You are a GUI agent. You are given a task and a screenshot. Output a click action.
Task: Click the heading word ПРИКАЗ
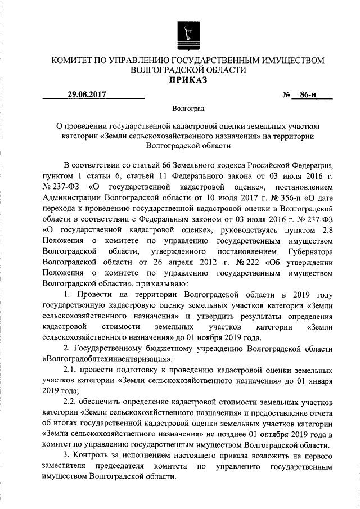(x=186, y=80)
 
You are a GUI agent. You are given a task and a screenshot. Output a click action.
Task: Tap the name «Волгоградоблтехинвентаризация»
(x=107, y=358)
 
